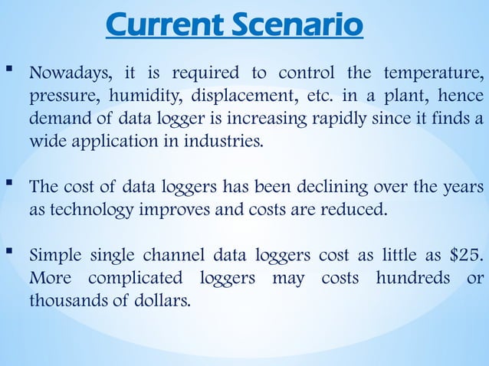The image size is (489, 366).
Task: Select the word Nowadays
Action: (x=71, y=75)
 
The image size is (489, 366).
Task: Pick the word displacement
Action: (x=225, y=98)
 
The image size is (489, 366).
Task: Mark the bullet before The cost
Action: (x=10, y=185)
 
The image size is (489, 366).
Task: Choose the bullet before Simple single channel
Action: (x=10, y=252)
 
